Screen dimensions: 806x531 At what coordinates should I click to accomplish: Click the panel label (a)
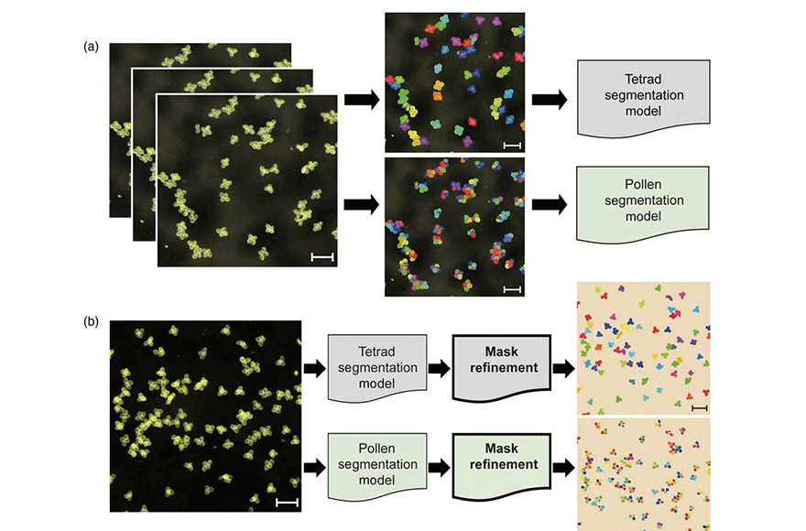[91, 48]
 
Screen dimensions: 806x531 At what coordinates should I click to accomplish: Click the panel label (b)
[91, 322]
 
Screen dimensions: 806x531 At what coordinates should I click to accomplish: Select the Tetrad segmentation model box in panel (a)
[644, 98]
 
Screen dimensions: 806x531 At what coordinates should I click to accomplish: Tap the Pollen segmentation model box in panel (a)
[643, 203]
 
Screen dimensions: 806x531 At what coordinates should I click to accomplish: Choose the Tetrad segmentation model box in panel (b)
[377, 367]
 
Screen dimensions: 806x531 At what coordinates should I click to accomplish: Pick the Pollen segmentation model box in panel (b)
[377, 465]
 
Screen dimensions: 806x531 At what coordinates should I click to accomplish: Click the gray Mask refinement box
[502, 366]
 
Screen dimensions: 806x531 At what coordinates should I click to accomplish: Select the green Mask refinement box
[502, 463]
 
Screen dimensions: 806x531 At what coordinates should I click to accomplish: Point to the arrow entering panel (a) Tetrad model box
[550, 99]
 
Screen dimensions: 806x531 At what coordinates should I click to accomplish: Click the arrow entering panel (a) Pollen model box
[550, 204]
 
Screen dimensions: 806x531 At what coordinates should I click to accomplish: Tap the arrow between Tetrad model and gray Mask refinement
[440, 368]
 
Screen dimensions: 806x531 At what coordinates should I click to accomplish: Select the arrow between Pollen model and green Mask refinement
[440, 467]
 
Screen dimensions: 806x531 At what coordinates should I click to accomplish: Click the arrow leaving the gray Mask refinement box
[564, 368]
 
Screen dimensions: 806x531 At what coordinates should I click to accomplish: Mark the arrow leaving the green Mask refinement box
[564, 467]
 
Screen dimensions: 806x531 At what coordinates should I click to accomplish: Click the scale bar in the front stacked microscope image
[322, 256]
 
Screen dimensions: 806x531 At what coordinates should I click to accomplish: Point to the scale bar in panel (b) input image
[287, 502]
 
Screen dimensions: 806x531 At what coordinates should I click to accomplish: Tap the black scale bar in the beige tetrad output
[700, 408]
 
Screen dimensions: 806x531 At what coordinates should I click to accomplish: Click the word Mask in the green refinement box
[501, 449]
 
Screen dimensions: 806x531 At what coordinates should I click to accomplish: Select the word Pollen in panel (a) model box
[643, 185]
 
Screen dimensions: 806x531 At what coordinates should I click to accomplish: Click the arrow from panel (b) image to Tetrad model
[315, 368]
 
